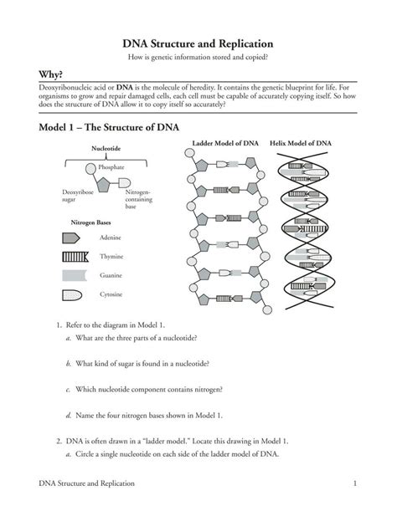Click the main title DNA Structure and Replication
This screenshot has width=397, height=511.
[x=198, y=43]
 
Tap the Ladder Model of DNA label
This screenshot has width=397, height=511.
[x=225, y=144]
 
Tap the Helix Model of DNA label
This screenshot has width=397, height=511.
[x=301, y=144]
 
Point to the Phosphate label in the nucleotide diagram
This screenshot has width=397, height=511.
[x=111, y=167]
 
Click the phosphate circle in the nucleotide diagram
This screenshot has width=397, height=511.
[x=90, y=167]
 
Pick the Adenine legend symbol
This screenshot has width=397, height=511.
[x=72, y=238]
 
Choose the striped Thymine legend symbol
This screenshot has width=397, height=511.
[x=74, y=257]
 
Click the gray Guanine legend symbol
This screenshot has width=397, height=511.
[x=73, y=275]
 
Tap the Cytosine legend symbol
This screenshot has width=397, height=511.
[x=72, y=294]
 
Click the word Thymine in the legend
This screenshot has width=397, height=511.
[x=112, y=257]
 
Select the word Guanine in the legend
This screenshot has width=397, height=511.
[x=112, y=275]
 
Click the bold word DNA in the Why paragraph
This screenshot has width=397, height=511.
[x=125, y=87]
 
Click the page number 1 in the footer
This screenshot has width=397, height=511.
[x=355, y=483]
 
